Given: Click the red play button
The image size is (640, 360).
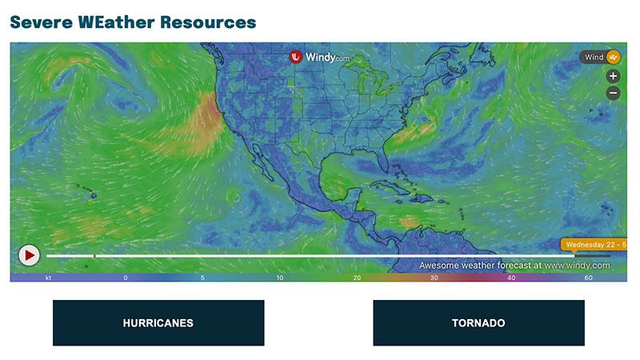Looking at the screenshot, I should [29, 255].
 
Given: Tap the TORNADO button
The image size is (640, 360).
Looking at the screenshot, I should [478, 323].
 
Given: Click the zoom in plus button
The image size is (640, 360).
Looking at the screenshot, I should [613, 76].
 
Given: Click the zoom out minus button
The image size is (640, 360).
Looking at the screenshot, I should [613, 93].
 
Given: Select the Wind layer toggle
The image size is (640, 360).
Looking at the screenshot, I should [602, 58].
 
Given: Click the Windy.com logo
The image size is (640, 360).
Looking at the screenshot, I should [320, 58].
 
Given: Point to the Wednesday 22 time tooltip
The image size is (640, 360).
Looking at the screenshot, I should [594, 245].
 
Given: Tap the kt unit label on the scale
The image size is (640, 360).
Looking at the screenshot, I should [48, 278].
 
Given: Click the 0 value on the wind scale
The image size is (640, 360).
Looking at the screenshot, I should [125, 278].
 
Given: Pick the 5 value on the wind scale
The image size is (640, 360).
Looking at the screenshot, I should [203, 278].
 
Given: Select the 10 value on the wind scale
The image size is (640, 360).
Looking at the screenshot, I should [280, 278].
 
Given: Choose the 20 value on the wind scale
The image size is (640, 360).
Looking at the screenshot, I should [357, 278].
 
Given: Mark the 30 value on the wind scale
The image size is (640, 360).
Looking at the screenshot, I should [434, 278].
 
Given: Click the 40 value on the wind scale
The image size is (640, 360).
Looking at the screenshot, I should [511, 278].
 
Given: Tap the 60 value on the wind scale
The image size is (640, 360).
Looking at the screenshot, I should [588, 278].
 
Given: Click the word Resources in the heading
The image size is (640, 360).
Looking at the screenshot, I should [207, 22].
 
